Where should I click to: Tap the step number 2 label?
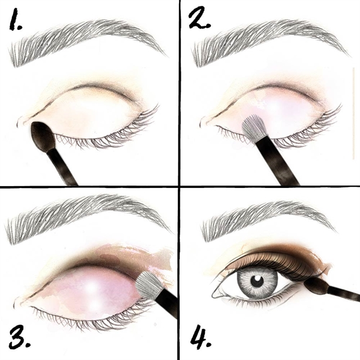[199, 18]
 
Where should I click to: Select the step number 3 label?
[19, 337]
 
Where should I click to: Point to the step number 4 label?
[200, 336]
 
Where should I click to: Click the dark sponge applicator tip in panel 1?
[43, 136]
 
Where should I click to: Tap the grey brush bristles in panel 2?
[253, 129]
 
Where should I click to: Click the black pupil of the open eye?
[256, 281]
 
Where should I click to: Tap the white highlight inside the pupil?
[258, 279]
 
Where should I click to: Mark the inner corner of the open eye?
[214, 295]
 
